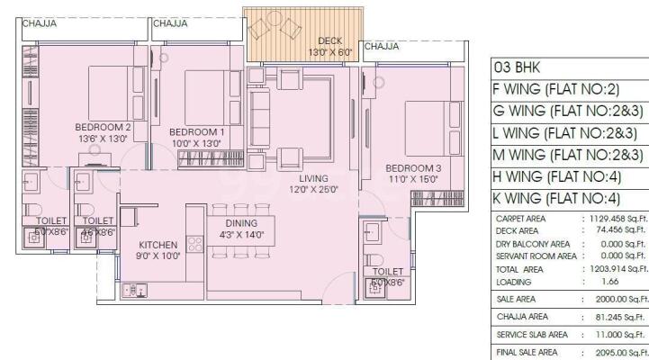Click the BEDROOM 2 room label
coord(104,127)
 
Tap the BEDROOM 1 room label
coord(196,132)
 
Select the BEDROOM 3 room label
coord(413,167)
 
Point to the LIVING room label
coord(313,178)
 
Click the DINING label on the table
coord(242,223)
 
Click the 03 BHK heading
coord(513,67)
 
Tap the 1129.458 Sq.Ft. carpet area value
coord(617,218)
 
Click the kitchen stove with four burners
coord(194,245)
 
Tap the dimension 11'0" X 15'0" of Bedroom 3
coord(413,179)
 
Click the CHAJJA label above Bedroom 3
coord(382,46)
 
